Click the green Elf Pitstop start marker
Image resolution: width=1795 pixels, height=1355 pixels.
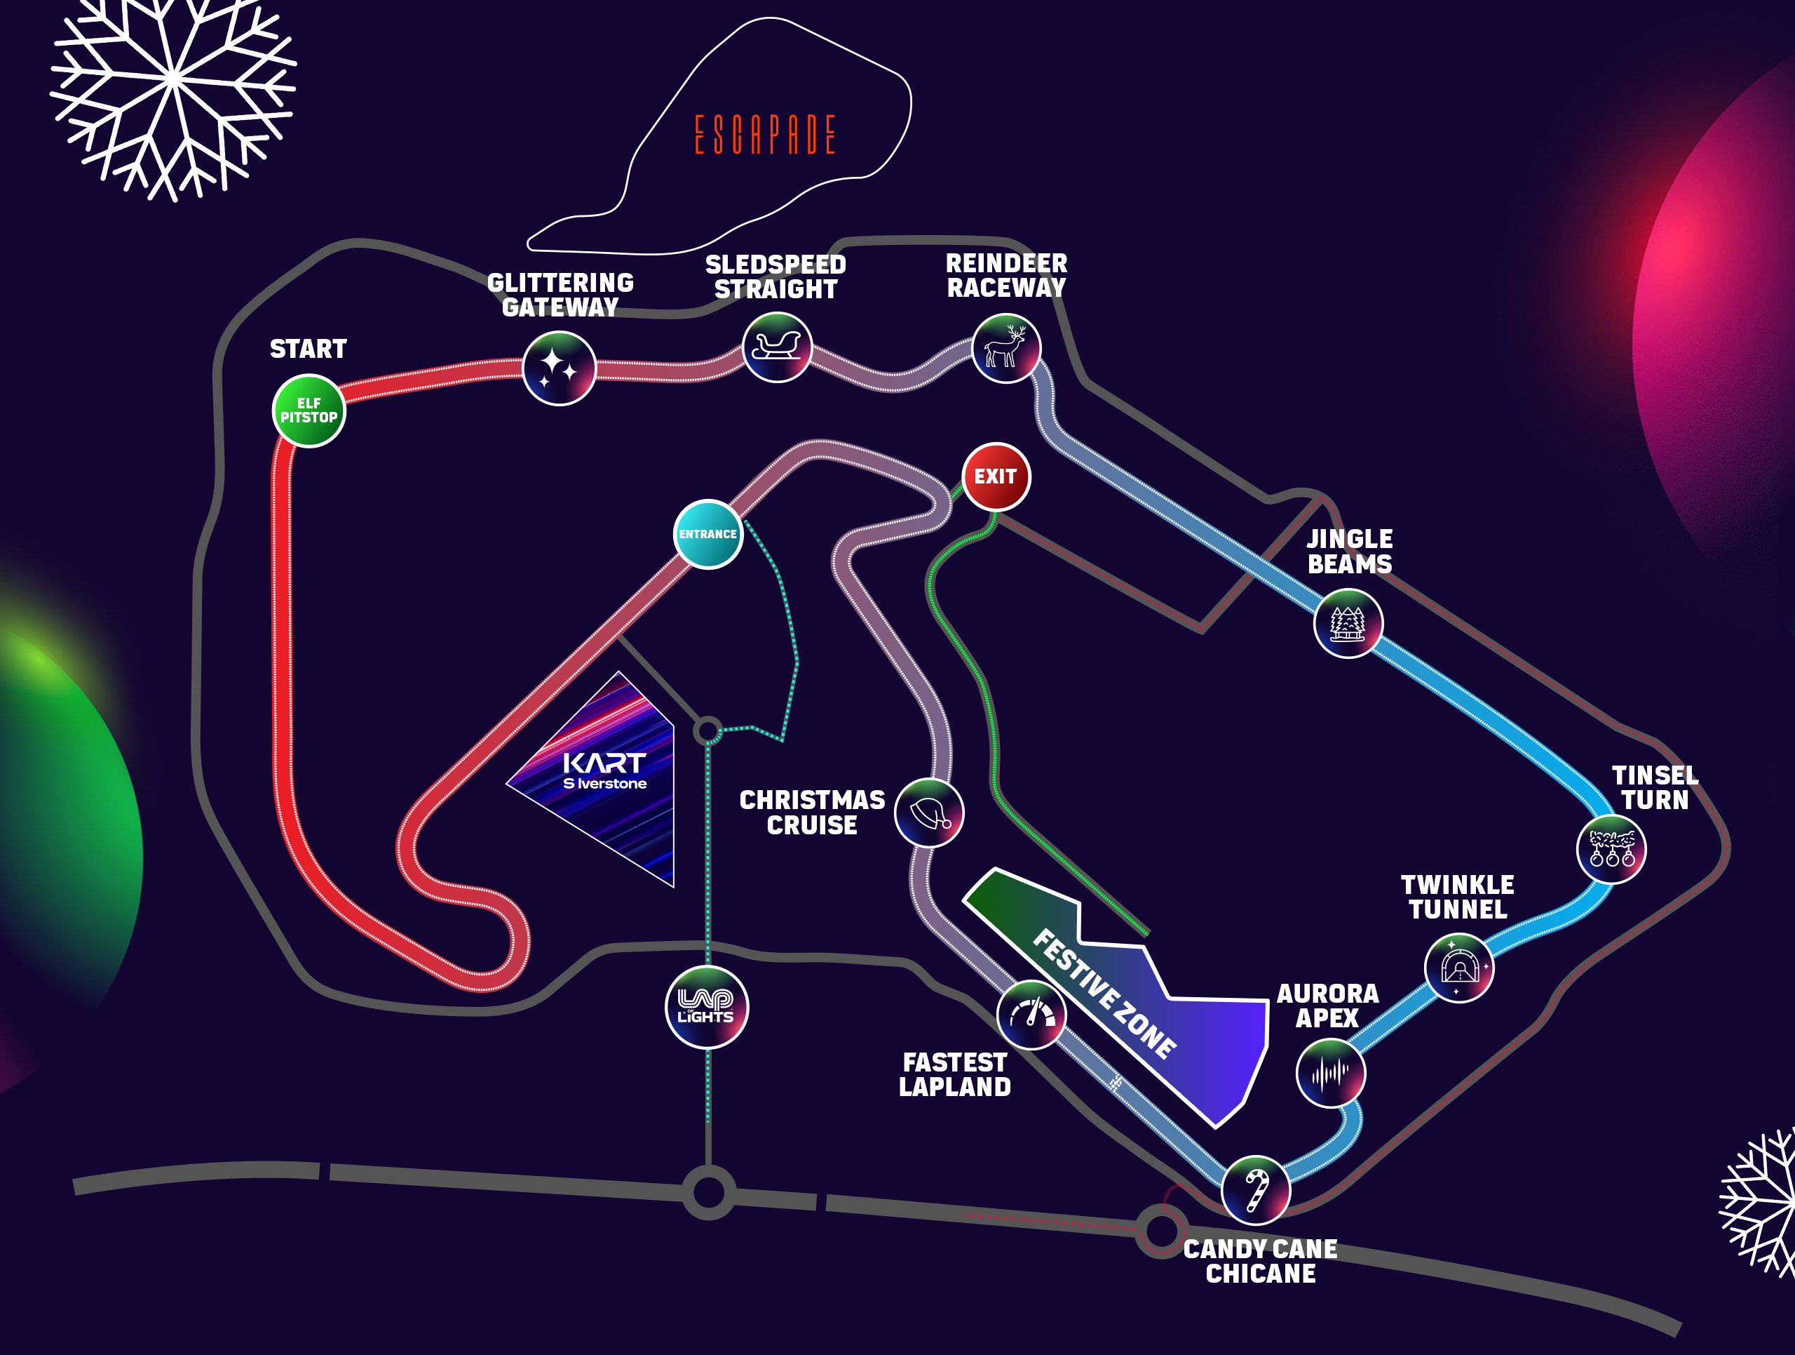tap(309, 410)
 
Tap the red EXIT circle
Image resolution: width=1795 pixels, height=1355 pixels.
tap(996, 476)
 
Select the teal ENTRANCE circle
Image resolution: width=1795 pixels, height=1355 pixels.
tap(707, 534)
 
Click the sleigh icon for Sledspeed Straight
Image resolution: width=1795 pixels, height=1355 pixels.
tap(777, 347)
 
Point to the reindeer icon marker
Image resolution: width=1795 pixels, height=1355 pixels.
tap(1005, 348)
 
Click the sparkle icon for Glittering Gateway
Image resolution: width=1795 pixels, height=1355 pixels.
tap(558, 368)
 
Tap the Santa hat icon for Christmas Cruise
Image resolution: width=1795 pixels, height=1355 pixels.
tap(928, 813)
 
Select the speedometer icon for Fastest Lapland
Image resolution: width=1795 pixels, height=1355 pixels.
tap(1031, 1015)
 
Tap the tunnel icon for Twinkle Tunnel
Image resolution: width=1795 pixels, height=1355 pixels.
tap(1458, 968)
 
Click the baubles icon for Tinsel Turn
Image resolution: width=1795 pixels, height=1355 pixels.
tap(1611, 849)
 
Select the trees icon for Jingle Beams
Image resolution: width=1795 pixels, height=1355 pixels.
tap(1348, 624)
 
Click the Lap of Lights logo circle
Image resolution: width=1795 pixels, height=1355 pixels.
tap(706, 1008)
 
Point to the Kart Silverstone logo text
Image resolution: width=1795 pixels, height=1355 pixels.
tap(604, 770)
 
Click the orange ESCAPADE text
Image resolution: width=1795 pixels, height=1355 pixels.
tap(764, 135)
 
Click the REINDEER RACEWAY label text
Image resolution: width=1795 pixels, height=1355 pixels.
tap(1006, 275)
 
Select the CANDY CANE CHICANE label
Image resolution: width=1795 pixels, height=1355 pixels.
tap(1260, 1261)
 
